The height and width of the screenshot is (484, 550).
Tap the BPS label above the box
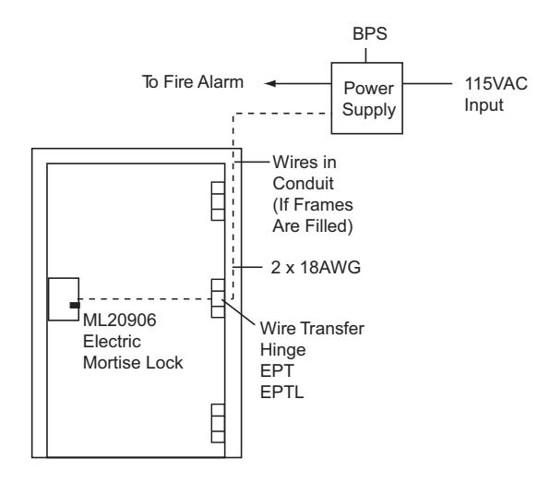pyautogui.click(x=370, y=34)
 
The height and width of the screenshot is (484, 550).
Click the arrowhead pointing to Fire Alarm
pyautogui.click(x=269, y=83)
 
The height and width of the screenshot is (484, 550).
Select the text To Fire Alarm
pyautogui.click(x=193, y=82)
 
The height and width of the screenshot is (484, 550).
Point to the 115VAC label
pyautogui.click(x=496, y=84)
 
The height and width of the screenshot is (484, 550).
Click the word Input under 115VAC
pyautogui.click(x=484, y=105)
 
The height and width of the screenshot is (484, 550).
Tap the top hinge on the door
pyautogui.click(x=218, y=201)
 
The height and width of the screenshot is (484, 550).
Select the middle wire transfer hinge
pyautogui.click(x=218, y=298)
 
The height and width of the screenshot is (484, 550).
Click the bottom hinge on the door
pyautogui.click(x=218, y=423)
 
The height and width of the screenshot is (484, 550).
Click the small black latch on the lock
pyautogui.click(x=75, y=306)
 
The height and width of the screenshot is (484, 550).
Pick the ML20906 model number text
pyautogui.click(x=120, y=321)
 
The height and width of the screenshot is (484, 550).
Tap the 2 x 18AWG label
pyautogui.click(x=316, y=268)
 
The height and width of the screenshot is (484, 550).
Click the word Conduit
pyautogui.click(x=303, y=184)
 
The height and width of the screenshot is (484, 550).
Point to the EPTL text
pyautogui.click(x=281, y=393)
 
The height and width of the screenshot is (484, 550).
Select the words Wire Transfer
pyautogui.click(x=312, y=329)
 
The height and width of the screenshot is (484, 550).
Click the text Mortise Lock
pyautogui.click(x=133, y=363)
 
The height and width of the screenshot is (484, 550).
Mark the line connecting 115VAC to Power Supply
pyautogui.click(x=427, y=83)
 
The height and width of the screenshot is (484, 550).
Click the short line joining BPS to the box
pyautogui.click(x=365, y=55)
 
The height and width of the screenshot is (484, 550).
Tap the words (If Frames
pyautogui.click(x=313, y=205)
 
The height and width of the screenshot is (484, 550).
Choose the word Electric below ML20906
pyautogui.click(x=112, y=342)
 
